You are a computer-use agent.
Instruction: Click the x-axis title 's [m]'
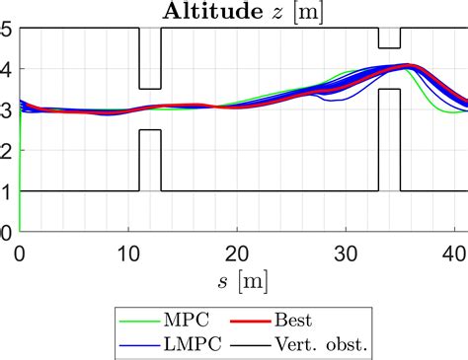pos(243,281)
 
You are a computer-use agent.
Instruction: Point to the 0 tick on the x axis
pos(20,252)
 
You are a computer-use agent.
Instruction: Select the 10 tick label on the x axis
pos(128,252)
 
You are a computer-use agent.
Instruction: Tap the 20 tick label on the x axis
pos(237,252)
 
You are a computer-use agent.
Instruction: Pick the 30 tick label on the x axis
pos(346,252)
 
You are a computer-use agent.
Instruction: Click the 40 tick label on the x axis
pos(454,252)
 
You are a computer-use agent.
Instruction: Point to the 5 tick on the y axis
pos(7,30)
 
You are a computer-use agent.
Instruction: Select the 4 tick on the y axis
pos(7,70)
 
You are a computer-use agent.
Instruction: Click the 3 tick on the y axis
pos(7,110)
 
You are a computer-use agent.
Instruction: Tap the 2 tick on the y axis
pos(7,151)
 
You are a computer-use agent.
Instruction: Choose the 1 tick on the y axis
pos(7,191)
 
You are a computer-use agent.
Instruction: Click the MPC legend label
pos(190,318)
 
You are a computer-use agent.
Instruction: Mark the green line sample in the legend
pos(140,318)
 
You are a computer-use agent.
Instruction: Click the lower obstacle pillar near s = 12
pos(150,160)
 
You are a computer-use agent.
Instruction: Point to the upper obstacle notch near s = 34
pos(389,38)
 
